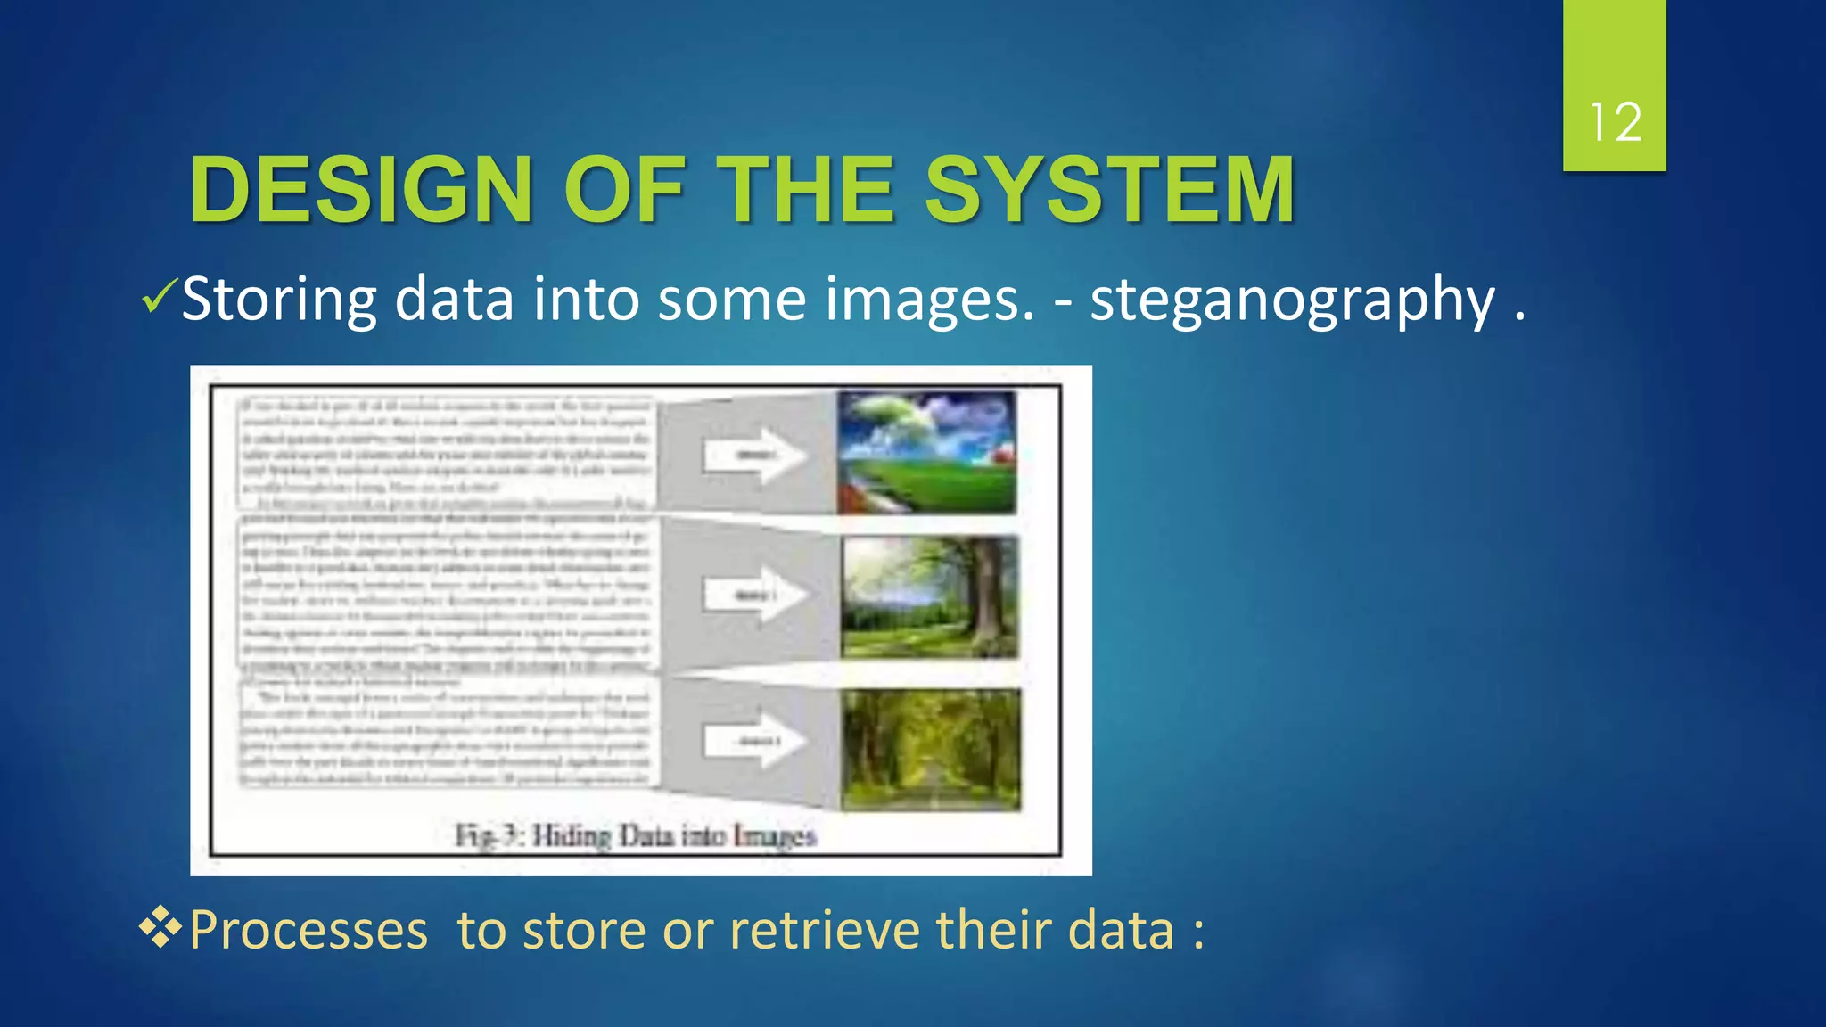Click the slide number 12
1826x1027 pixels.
1615,122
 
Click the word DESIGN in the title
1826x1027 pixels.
361,190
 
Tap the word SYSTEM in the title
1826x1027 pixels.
1109,190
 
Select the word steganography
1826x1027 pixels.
1292,300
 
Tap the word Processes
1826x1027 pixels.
308,930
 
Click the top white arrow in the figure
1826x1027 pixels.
755,456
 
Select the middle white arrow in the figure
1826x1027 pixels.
755,595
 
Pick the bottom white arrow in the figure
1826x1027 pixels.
755,741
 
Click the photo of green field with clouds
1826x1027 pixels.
926,453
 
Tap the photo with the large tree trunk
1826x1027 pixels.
929,597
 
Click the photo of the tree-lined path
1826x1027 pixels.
931,750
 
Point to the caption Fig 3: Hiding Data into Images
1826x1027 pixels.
636,836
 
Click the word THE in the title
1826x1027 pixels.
805,190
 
